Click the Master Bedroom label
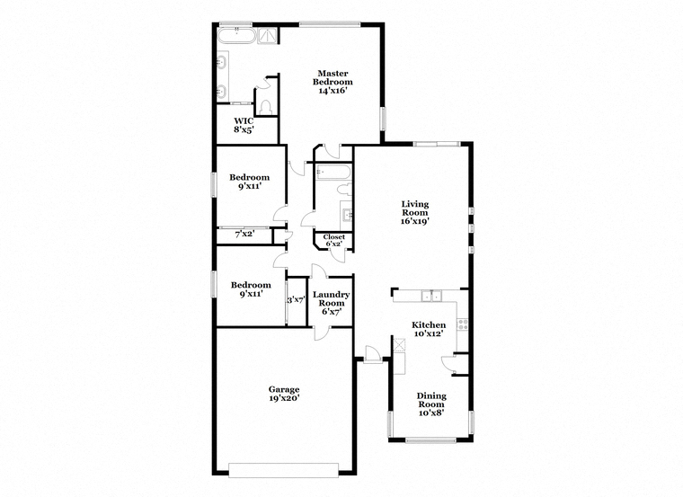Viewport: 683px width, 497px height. pyautogui.click(x=333, y=77)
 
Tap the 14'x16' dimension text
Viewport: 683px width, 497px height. pyautogui.click(x=333, y=91)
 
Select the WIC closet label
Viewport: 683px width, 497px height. pyautogui.click(x=244, y=121)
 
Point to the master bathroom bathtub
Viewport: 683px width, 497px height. pyautogui.click(x=236, y=36)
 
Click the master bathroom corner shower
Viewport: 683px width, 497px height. pyautogui.click(x=269, y=36)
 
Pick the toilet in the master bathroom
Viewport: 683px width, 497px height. pyautogui.click(x=265, y=107)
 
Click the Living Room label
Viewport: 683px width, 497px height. pyautogui.click(x=414, y=209)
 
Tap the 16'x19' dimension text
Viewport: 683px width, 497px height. pyautogui.click(x=415, y=221)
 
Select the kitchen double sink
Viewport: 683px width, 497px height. pyautogui.click(x=431, y=297)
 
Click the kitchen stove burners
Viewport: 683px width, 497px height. pyautogui.click(x=462, y=324)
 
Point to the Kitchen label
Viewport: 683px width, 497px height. pyautogui.click(x=429, y=325)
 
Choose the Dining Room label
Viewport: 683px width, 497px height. pyautogui.click(x=431, y=400)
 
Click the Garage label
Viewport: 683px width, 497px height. pyautogui.click(x=284, y=389)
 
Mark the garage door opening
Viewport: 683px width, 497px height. pyautogui.click(x=284, y=470)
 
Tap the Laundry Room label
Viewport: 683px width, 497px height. pyautogui.click(x=331, y=298)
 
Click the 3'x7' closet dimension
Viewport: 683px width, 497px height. pyautogui.click(x=297, y=300)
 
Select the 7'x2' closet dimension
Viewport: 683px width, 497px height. pyautogui.click(x=244, y=235)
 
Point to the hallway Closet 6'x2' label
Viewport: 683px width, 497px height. pyautogui.click(x=333, y=240)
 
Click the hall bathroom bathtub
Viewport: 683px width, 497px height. pyautogui.click(x=333, y=172)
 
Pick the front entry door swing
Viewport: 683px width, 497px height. pyautogui.click(x=372, y=353)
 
